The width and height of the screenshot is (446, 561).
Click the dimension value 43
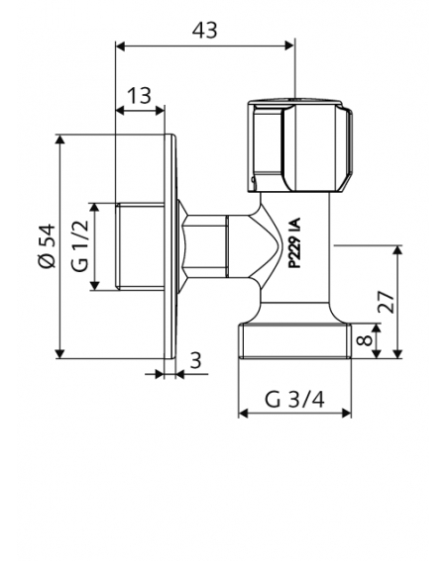tap(205, 30)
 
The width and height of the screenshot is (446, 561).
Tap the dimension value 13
tap(139, 96)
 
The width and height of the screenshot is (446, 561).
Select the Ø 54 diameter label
tap(48, 245)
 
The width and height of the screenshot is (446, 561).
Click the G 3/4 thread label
tap(294, 400)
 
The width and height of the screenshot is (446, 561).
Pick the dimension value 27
tap(387, 302)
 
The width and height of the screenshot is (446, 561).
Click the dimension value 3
tap(195, 360)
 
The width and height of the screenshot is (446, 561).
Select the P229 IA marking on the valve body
tap(294, 243)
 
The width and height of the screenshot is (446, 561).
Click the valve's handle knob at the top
tap(299, 144)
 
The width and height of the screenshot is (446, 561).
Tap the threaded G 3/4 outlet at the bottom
tap(294, 340)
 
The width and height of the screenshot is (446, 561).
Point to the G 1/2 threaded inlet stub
tap(140, 246)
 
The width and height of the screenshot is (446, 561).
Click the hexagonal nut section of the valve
tap(207, 246)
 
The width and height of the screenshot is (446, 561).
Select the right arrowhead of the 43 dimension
tap(289, 46)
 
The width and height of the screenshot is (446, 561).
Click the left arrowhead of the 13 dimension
tap(121, 111)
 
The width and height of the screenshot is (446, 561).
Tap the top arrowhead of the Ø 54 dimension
tap(60, 140)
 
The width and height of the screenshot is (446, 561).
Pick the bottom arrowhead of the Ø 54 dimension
tap(60, 353)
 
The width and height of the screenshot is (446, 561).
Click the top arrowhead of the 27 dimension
tap(397, 250)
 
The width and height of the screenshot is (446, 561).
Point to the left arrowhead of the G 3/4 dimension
tap(244, 414)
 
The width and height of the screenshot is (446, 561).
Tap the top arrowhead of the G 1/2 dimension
tap(94, 208)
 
